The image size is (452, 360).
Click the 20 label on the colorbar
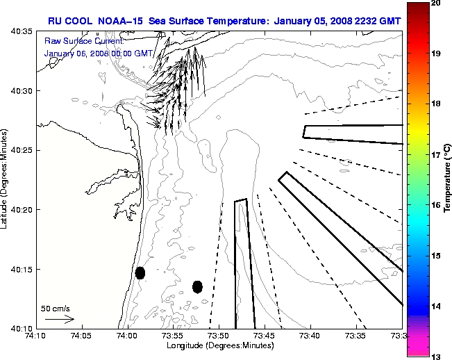(435, 3)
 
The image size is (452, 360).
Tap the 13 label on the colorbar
(435, 356)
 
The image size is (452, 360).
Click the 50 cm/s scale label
(56, 308)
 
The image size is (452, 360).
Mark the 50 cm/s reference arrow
(60, 319)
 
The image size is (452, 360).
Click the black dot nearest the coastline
(140, 272)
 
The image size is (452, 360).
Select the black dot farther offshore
(197, 286)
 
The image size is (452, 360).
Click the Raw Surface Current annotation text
(76, 40)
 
